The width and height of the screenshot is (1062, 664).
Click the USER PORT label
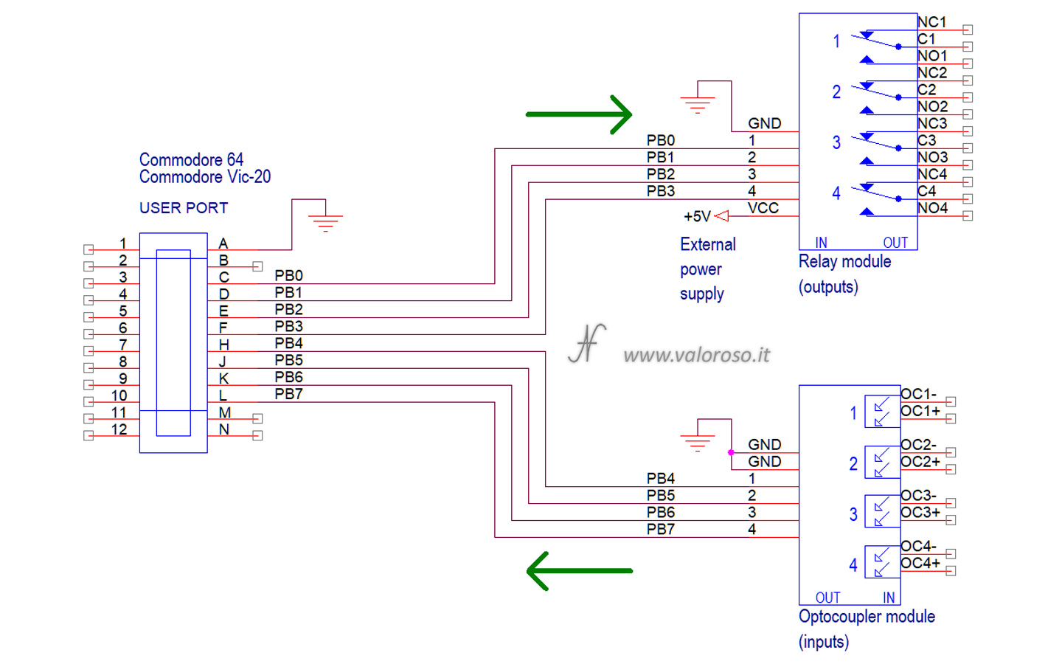[x=184, y=208]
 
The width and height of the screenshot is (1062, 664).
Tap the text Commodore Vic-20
[x=204, y=177]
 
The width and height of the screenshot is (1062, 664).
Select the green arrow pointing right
[x=579, y=114]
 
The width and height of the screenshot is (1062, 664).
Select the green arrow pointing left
[x=579, y=570]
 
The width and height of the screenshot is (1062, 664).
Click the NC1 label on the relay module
[x=931, y=22]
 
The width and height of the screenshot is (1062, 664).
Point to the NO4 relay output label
[x=932, y=208]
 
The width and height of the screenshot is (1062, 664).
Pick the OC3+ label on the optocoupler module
[x=920, y=512]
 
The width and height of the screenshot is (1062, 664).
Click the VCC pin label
[x=763, y=208]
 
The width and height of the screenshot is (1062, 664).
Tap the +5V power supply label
[x=697, y=216]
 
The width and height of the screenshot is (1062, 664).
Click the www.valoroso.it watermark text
[x=696, y=355]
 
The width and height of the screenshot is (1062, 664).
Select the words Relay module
[x=844, y=261]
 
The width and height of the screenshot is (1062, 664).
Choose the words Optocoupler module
[x=867, y=616]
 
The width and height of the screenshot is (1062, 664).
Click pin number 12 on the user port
[x=119, y=429]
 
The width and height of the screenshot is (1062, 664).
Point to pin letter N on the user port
[x=224, y=429]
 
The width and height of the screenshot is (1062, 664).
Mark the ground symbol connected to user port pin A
[x=325, y=221]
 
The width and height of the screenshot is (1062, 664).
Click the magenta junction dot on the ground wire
[x=731, y=452]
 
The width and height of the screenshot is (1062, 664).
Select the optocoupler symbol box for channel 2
[x=881, y=463]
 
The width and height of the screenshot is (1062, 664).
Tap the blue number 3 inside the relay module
[x=836, y=142]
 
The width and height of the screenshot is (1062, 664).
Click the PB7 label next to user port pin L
[x=288, y=394]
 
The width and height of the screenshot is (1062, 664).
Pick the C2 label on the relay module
[x=926, y=89]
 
